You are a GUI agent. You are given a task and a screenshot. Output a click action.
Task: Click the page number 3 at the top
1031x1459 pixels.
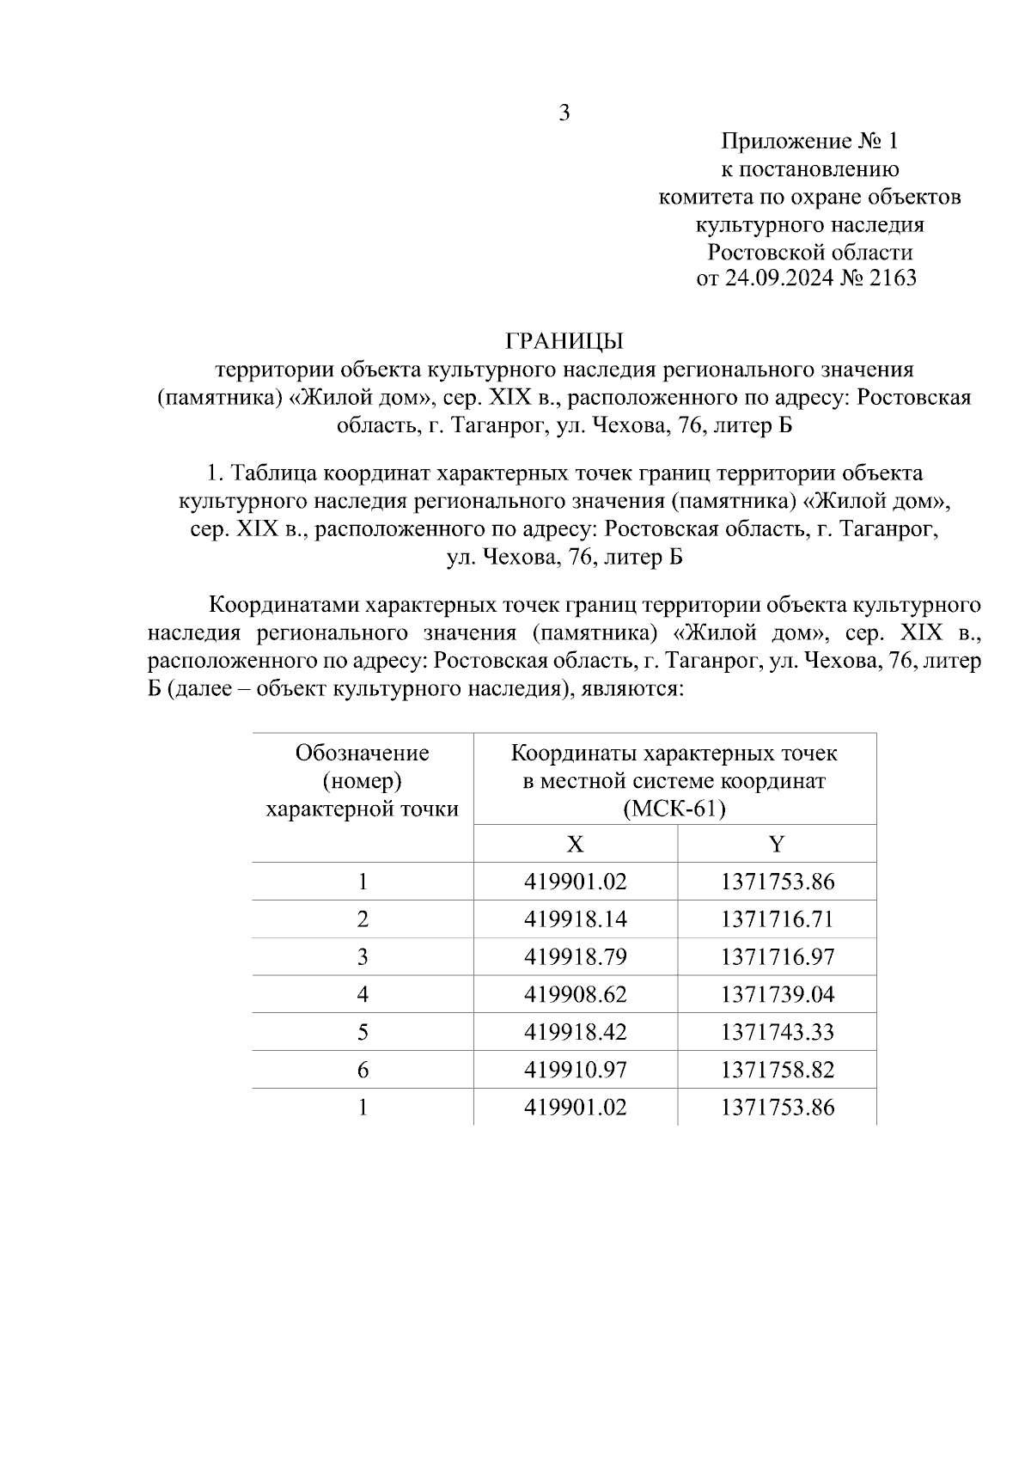[x=564, y=113]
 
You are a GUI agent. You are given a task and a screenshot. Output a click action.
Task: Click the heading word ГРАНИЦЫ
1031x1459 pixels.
[x=564, y=342]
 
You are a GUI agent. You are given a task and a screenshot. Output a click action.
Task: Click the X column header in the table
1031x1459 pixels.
[x=575, y=844]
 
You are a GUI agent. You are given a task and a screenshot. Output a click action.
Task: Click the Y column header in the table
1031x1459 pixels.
[x=777, y=844]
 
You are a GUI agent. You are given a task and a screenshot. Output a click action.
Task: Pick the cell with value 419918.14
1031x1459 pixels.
[x=576, y=919]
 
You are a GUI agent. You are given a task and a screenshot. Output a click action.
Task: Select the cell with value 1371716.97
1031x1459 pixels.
[x=778, y=957]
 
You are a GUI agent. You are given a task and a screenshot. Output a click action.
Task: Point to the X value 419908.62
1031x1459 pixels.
[x=576, y=995]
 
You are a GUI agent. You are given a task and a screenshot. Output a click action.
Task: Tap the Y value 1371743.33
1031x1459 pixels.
[x=778, y=1032]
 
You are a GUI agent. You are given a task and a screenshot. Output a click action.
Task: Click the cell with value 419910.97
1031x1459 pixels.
[x=576, y=1070]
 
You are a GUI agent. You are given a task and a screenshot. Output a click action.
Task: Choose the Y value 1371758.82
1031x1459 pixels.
[x=778, y=1070]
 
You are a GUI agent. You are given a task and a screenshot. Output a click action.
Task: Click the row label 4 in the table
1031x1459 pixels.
[x=363, y=995]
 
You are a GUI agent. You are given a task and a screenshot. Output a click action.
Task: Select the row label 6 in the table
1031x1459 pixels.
[x=363, y=1070]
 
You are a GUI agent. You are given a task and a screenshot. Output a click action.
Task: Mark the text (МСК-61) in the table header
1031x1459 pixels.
[x=674, y=809]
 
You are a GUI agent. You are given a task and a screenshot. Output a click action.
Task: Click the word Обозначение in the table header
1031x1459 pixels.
[x=363, y=754]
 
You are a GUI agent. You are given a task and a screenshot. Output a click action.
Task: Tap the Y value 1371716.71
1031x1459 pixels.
[x=778, y=919]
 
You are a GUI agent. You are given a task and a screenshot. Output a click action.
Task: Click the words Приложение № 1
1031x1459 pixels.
[x=808, y=141]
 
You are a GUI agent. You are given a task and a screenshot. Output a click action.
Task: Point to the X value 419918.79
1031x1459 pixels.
[x=576, y=957]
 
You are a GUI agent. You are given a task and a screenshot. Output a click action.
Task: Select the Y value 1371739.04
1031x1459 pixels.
[x=778, y=995]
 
